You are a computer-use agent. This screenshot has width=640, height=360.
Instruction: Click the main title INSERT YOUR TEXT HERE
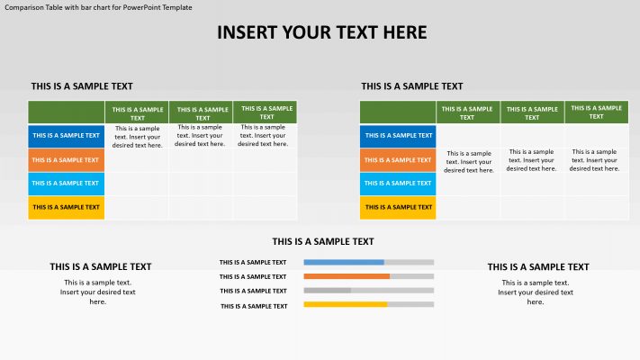[x=321, y=33]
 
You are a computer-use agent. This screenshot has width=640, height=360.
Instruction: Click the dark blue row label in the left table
[x=66, y=136]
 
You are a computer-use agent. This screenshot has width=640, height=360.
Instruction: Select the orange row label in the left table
[x=66, y=160]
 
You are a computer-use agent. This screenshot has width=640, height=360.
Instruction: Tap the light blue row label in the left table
[x=66, y=184]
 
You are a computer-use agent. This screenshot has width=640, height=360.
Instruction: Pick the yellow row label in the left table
[x=66, y=208]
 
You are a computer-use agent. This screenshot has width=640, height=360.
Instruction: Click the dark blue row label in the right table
[x=398, y=136]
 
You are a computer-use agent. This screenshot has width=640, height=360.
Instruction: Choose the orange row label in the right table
[x=398, y=160]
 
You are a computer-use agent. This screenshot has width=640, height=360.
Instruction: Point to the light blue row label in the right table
[x=398, y=184]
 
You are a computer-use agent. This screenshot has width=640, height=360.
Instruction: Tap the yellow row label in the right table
[x=398, y=208]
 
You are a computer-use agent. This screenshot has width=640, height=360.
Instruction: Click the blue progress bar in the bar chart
[x=344, y=262]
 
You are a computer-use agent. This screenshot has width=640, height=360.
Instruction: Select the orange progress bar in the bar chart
[x=347, y=276]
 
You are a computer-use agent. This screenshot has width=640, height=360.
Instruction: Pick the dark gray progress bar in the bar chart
[x=328, y=291]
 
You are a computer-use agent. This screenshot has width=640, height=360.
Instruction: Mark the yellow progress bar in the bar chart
[x=346, y=305]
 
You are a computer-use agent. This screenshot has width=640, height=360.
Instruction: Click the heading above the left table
[x=82, y=86]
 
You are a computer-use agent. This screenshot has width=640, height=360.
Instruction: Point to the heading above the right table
[x=412, y=86]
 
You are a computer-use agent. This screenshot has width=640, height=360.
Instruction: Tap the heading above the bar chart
[x=323, y=241]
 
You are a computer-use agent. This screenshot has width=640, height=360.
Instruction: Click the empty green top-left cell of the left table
[x=66, y=112]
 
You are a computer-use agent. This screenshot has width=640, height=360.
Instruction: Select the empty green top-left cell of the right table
[x=398, y=112]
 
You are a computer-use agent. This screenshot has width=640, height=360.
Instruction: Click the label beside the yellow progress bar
[x=253, y=306]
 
